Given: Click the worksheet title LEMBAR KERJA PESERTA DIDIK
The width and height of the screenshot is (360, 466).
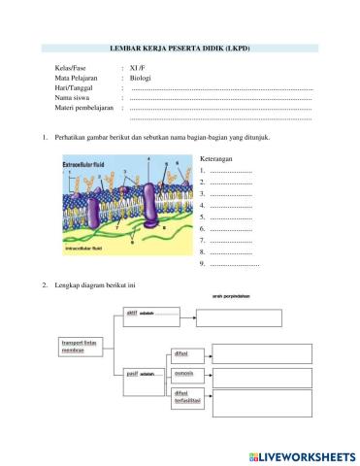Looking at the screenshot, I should tap(180, 48).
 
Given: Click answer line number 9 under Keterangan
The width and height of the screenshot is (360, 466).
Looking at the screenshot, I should tap(234, 263).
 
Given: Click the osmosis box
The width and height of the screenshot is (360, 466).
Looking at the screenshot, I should tap(184, 374).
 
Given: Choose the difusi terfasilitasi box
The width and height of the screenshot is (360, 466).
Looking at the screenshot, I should tap(187, 396).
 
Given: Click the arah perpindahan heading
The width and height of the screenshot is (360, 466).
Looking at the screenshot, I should tap(231, 295).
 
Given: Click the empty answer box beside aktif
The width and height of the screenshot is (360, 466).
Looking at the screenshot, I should tap(240, 318).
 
